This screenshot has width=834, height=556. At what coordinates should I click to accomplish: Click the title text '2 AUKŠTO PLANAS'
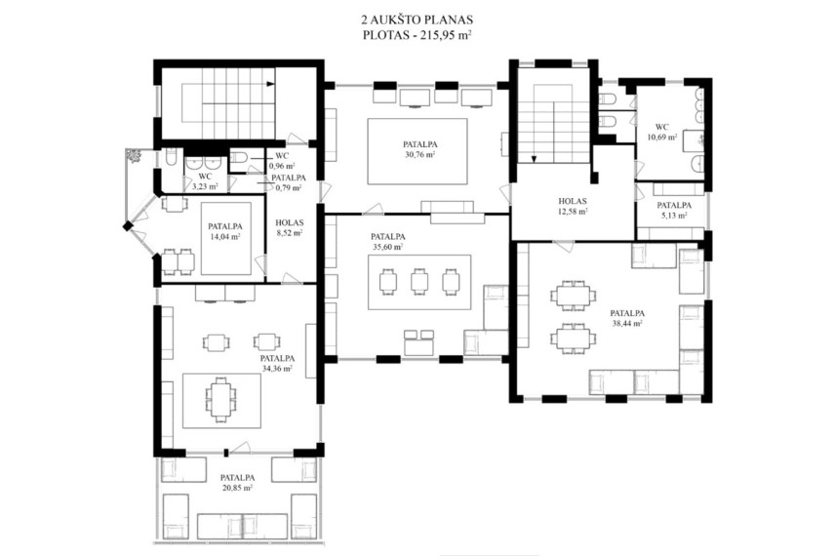[x=417, y=20]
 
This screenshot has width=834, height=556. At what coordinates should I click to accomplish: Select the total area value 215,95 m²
[x=446, y=36]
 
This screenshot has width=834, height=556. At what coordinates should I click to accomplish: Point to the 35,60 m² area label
[x=388, y=247]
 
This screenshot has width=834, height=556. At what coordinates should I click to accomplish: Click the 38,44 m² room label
[x=627, y=323]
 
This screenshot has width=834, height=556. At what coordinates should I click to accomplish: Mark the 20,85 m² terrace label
[x=237, y=488]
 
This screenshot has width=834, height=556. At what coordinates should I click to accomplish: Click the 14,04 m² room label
[x=224, y=237]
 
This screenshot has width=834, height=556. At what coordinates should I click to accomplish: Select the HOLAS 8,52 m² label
[x=290, y=227]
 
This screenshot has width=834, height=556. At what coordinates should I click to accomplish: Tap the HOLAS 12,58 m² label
[x=573, y=206]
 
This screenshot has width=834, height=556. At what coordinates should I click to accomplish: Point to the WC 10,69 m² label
[x=662, y=132]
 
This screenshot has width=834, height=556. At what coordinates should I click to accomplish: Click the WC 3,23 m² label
[x=205, y=181]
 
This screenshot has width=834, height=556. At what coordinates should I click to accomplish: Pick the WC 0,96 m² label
[x=283, y=161]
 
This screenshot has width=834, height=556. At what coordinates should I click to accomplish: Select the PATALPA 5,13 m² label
[x=674, y=210]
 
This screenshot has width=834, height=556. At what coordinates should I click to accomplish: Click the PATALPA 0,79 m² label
[x=288, y=182]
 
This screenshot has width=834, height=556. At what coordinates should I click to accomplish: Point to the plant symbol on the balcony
[x=133, y=156]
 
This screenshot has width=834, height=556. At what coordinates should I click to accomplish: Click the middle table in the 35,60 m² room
[x=419, y=281]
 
